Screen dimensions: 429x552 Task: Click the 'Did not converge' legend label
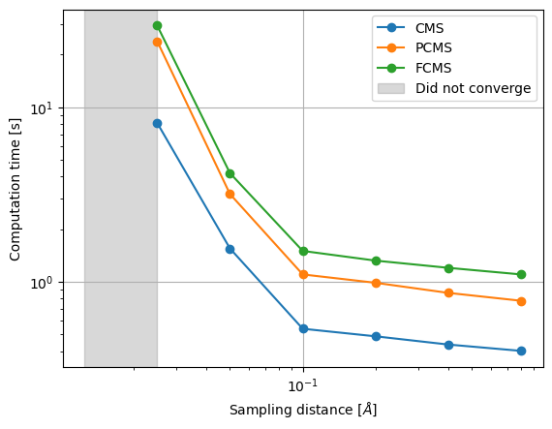tap(473, 88)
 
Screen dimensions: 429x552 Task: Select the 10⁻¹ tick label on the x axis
tap(303, 385)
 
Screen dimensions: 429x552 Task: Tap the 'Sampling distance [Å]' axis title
tap(303, 410)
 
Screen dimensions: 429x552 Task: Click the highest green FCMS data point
tap(157, 25)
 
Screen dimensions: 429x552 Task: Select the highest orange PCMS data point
tap(157, 42)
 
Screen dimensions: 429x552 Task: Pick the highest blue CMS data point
tap(157, 123)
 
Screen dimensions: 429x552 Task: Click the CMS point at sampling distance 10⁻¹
tap(303, 328)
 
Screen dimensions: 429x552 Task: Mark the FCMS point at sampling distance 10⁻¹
tap(303, 251)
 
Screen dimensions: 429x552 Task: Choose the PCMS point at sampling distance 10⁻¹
tap(303, 274)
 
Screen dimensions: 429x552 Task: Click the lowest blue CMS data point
tap(521, 351)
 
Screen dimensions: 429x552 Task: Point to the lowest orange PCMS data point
tap(521, 301)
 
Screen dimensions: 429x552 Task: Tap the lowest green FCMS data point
tap(521, 274)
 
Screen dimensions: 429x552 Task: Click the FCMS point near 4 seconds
tap(230, 173)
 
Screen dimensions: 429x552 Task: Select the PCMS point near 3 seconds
tap(230, 194)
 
